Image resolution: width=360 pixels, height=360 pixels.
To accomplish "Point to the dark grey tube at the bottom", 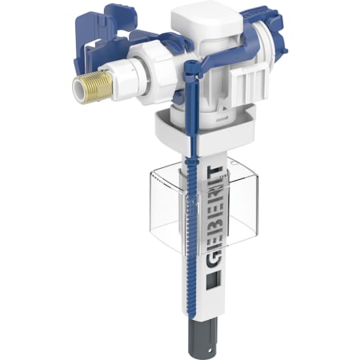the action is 202,338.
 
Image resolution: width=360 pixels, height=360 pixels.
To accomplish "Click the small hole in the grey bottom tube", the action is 210,350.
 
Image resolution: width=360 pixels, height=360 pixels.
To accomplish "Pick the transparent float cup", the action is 204,206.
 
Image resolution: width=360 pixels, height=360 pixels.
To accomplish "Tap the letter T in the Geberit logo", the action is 214,170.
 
